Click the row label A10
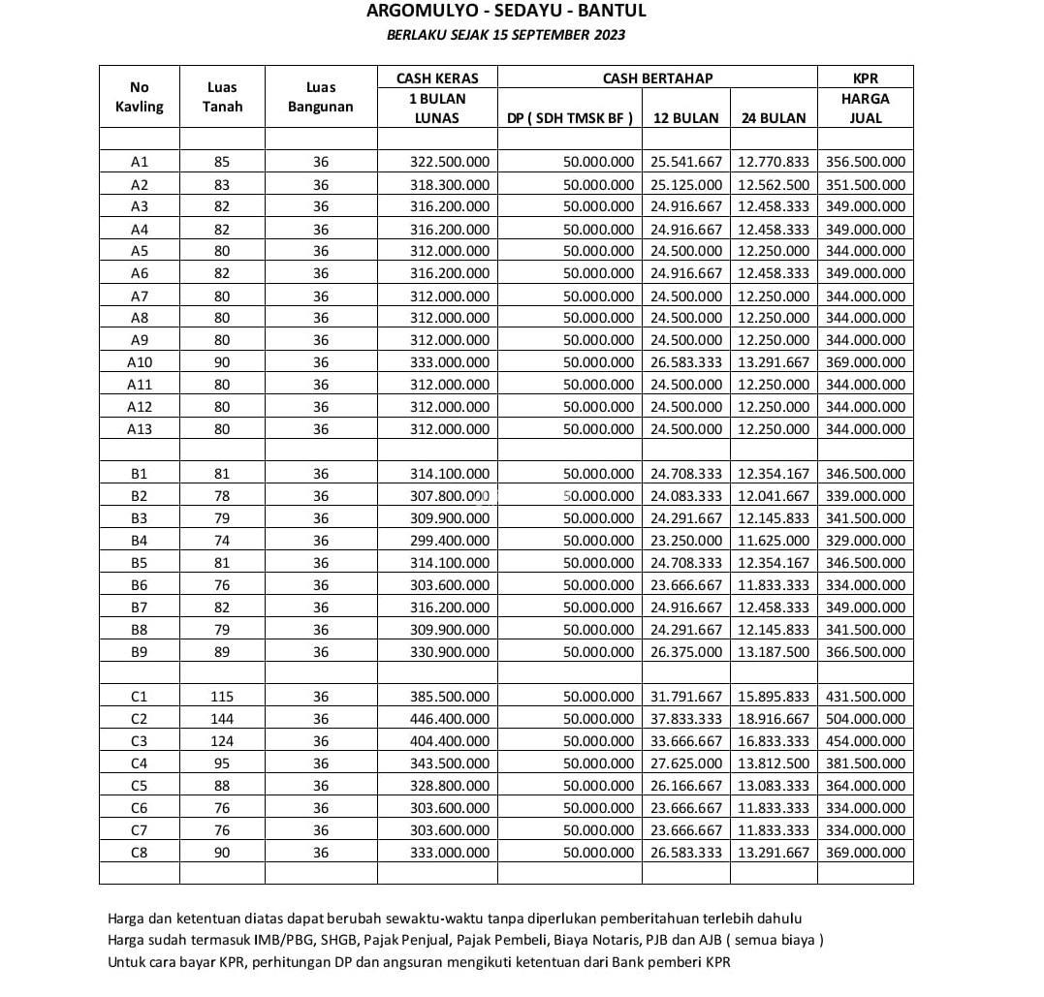pyautogui.click(x=139, y=362)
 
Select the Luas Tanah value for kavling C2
pyautogui.click(x=222, y=719)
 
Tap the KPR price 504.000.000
pyautogui.click(x=866, y=719)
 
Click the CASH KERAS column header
pyautogui.click(x=437, y=78)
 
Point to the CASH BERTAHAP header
pyautogui.click(x=657, y=78)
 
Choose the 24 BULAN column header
pyautogui.click(x=773, y=118)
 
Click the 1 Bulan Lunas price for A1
pyautogui.click(x=450, y=162)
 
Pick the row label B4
pyautogui.click(x=139, y=541)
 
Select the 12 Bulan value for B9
pyautogui.click(x=686, y=652)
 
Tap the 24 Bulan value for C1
pyautogui.click(x=774, y=697)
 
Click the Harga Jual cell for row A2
pyautogui.click(x=866, y=185)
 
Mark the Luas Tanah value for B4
pyautogui.click(x=222, y=541)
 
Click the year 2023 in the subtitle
pyautogui.click(x=608, y=35)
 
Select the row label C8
pyautogui.click(x=139, y=853)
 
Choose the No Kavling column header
pyautogui.click(x=139, y=97)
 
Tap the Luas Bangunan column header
pyautogui.click(x=321, y=97)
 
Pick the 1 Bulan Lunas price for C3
pyautogui.click(x=450, y=741)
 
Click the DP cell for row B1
pyautogui.click(x=598, y=474)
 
